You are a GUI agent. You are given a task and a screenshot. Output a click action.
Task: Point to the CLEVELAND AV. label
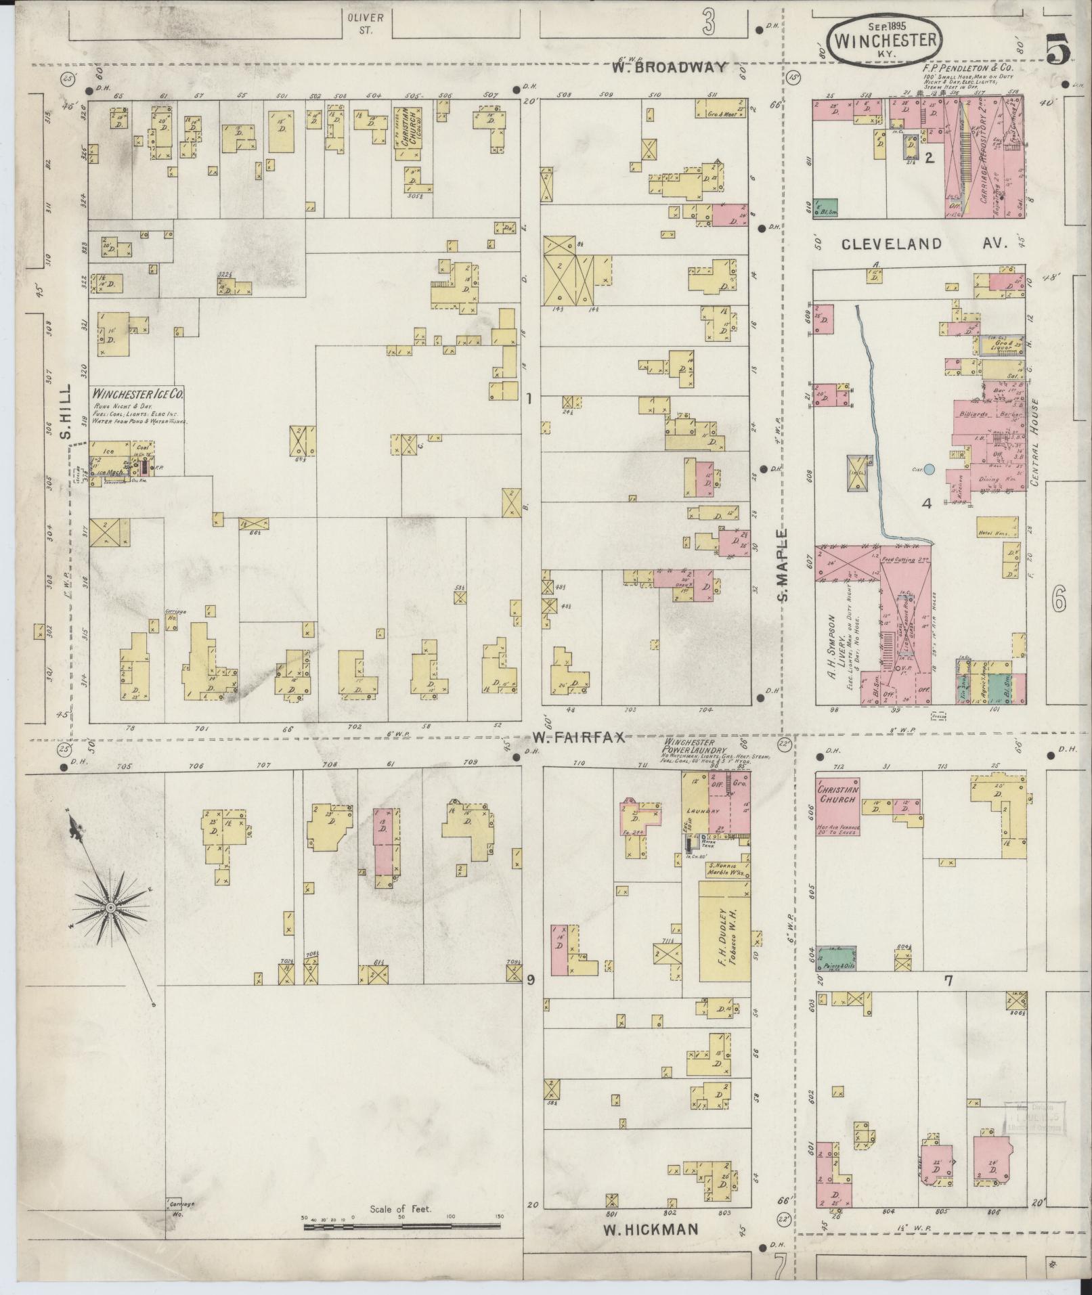[x=925, y=244]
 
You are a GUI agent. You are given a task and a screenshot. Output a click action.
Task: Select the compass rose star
[x=110, y=907]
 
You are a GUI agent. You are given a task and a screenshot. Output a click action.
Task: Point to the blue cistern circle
[x=930, y=468]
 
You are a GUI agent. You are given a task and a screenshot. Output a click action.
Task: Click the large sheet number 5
[x=1058, y=51]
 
